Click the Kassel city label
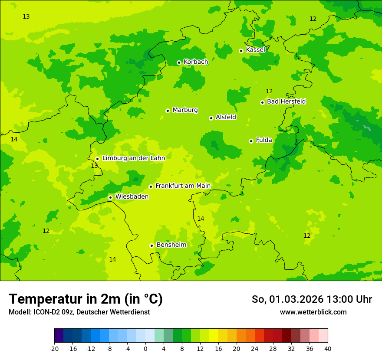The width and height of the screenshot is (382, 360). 255,50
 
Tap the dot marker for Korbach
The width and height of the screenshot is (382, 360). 179,62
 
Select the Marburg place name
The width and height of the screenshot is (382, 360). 185,110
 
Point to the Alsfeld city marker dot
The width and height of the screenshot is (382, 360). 211,118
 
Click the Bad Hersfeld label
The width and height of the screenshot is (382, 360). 286,101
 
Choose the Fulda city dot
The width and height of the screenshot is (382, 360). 251,141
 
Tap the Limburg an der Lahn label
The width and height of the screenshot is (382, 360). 133,158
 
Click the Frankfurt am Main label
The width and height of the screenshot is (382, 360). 183,186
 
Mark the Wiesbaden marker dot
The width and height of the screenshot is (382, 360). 110,197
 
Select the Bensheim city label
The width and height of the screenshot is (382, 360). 171,245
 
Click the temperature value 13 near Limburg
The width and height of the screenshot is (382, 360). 94,166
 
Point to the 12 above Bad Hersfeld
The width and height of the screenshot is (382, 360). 269,91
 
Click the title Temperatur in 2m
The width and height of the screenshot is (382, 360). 86,299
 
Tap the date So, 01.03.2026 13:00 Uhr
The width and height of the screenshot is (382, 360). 312,299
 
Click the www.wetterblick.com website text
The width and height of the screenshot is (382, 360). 313,312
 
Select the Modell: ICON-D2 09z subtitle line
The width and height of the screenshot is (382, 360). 79,312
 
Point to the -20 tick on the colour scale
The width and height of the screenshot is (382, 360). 54,348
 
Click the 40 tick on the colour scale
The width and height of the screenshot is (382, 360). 328,348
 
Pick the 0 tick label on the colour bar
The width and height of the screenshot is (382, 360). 145,348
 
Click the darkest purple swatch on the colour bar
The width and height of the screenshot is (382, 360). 59,336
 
